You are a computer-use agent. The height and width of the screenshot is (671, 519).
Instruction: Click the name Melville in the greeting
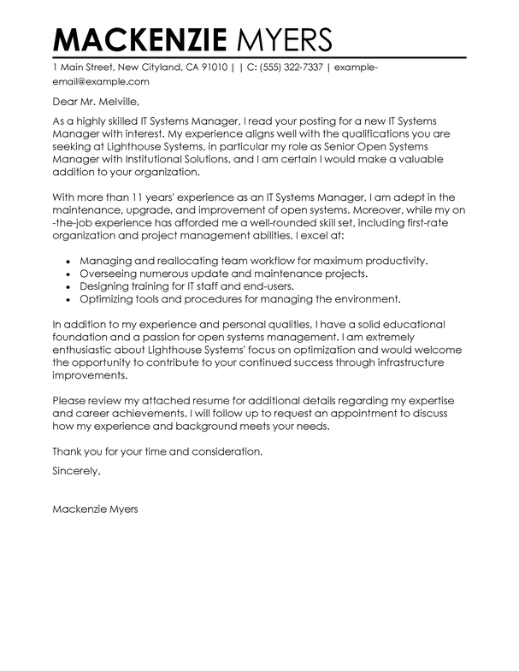pyautogui.click(x=122, y=103)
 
